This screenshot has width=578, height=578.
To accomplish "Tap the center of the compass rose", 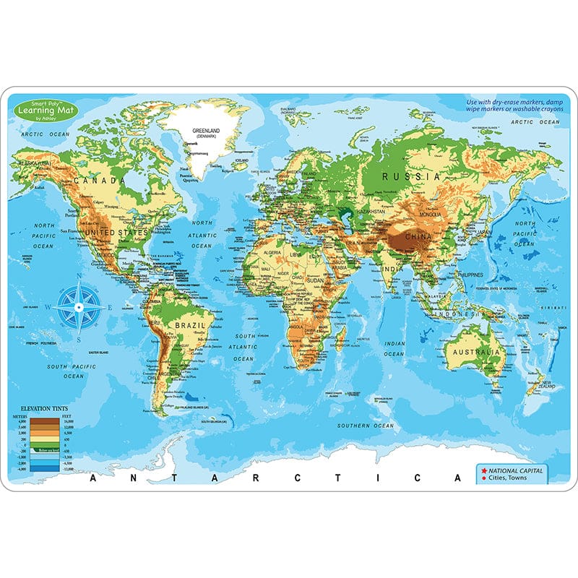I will click(79, 306).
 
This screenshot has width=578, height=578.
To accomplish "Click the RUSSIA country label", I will click(411, 176).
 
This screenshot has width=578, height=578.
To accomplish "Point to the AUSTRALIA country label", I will click(473, 352).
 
